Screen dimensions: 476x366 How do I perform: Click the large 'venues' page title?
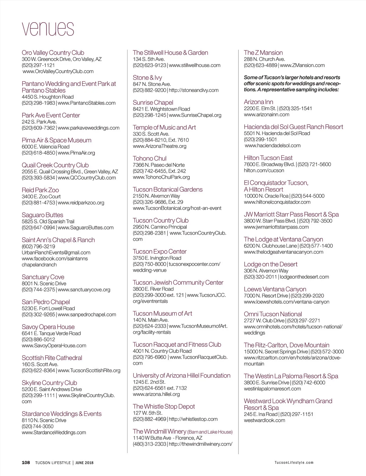tap(48, 29)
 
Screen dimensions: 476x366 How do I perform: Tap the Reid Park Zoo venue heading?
tap(40, 190)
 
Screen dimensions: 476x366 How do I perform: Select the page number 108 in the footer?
tap(26, 463)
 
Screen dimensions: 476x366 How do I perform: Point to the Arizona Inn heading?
tap(258, 102)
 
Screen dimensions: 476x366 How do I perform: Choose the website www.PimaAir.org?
tap(76, 153)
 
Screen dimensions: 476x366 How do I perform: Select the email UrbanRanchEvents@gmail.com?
tap(56, 252)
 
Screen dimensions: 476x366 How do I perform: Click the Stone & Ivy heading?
tap(147, 78)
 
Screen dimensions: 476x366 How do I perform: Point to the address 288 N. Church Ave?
tap(264, 59)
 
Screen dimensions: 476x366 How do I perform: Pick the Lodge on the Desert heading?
tap(271, 264)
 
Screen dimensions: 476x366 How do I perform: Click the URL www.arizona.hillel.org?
tap(156, 394)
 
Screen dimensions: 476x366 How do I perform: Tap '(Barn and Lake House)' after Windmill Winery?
tap(210, 432)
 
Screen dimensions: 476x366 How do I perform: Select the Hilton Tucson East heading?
tap(268, 158)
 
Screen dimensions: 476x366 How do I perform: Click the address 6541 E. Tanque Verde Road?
tap(51, 333)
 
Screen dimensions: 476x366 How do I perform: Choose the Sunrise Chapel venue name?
tap(153, 103)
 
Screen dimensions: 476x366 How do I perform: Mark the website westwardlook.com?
tap(264, 420)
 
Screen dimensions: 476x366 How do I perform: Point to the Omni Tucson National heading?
tap(273, 314)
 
